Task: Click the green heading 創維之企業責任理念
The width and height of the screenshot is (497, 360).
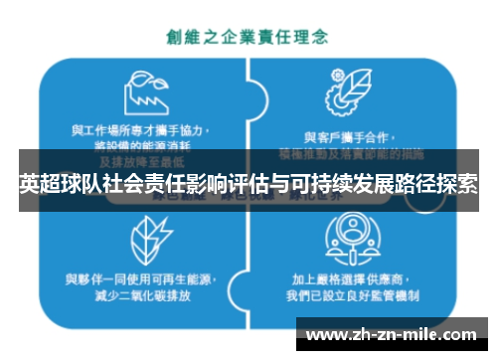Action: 248,38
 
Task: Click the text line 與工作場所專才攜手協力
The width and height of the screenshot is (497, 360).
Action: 146,129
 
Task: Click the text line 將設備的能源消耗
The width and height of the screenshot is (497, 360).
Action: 146,144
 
